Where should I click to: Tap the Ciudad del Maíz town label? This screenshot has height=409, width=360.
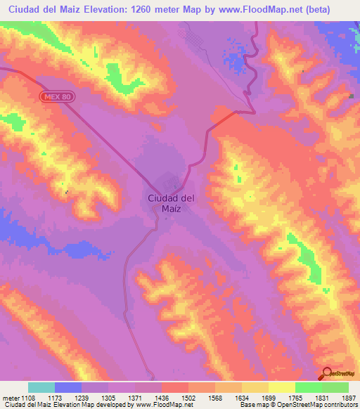pos(172,203)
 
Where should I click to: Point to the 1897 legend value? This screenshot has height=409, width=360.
pos(348,397)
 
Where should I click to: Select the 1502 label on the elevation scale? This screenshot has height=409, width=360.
pos(188,397)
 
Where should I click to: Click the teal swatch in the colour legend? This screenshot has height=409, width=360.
pos(41,387)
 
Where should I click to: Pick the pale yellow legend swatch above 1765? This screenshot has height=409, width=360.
pos(281,387)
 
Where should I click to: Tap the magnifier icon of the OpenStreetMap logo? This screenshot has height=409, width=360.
pos(328,374)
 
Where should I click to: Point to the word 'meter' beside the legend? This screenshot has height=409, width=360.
pos(9,397)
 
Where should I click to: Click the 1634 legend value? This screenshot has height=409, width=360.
pos(241,397)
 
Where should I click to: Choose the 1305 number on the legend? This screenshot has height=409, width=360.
pos(108,397)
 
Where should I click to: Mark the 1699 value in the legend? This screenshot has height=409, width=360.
pos(268,397)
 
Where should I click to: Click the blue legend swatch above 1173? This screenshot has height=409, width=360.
pos(68,387)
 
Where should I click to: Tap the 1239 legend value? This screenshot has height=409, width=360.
pos(81,397)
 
